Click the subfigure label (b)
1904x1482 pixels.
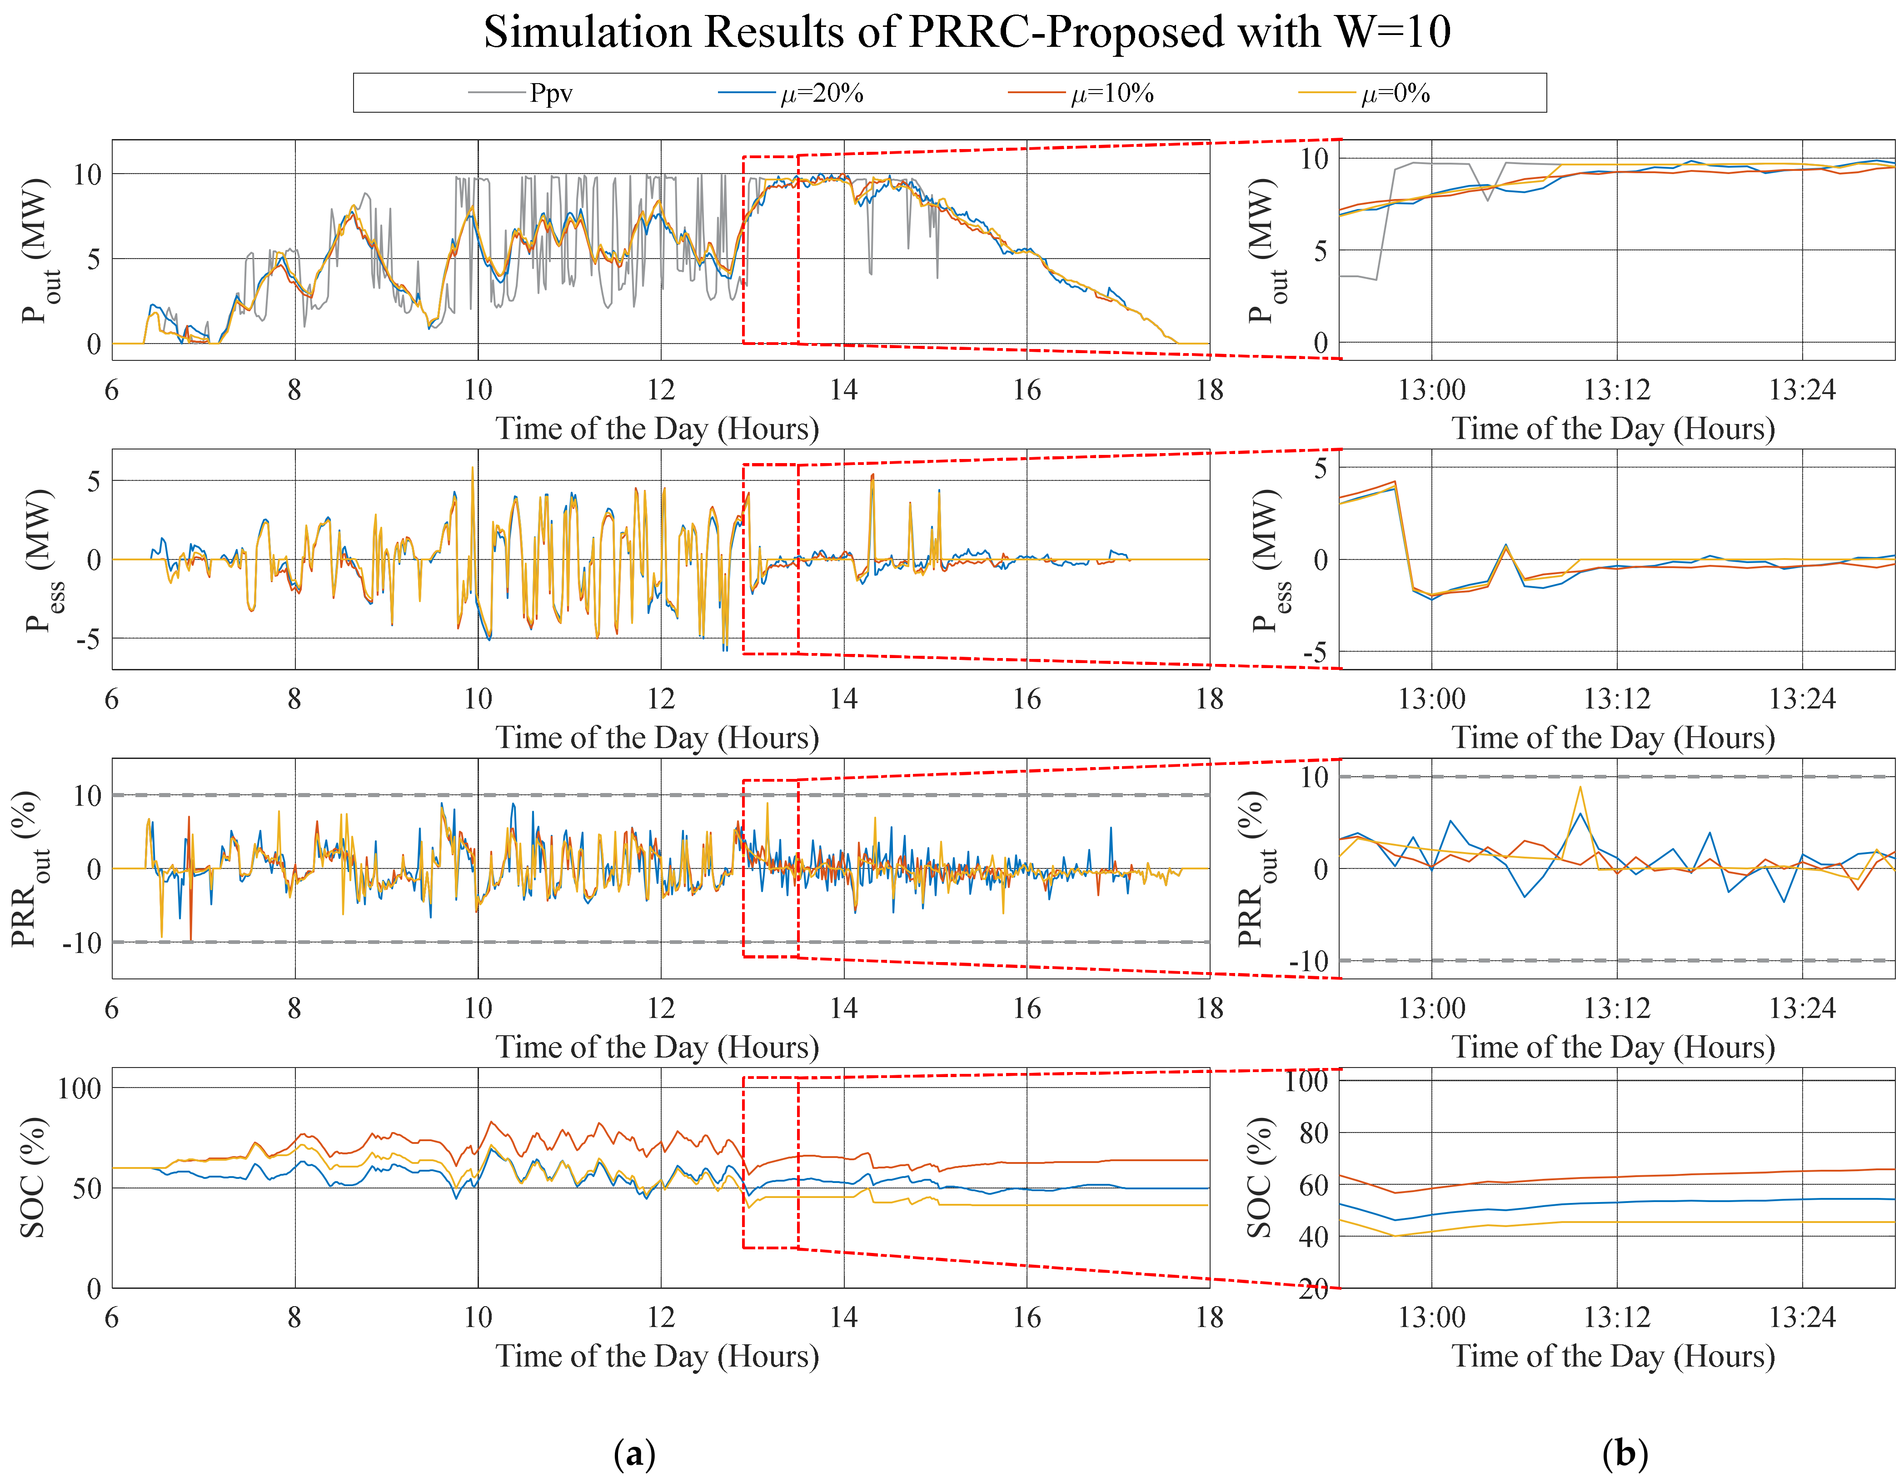[1625, 1453]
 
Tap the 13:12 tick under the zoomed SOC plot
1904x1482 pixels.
[1617, 1317]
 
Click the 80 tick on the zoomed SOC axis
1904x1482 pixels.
[1313, 1133]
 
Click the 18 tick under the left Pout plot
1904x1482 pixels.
[1209, 389]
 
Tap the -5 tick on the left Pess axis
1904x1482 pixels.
[87, 639]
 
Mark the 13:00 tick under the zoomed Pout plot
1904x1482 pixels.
[1431, 389]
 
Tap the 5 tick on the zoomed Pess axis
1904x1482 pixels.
[1320, 468]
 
